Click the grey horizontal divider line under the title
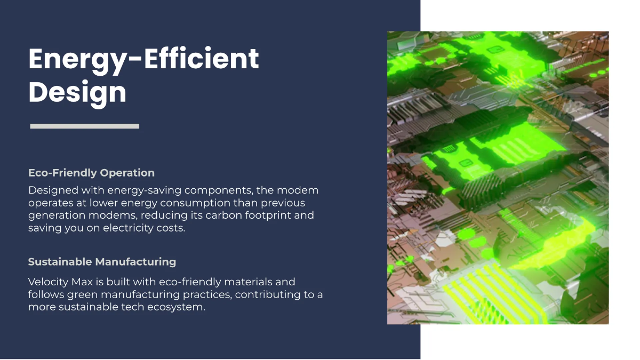point(85,126)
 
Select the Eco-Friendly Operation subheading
point(91,173)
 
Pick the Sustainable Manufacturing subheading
point(102,262)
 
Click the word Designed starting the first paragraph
point(53,190)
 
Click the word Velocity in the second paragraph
point(48,282)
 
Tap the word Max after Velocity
point(82,282)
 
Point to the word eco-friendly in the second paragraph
point(190,282)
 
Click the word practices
point(207,295)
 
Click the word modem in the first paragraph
point(298,190)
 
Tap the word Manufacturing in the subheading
point(135,262)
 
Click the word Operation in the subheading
point(127,173)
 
